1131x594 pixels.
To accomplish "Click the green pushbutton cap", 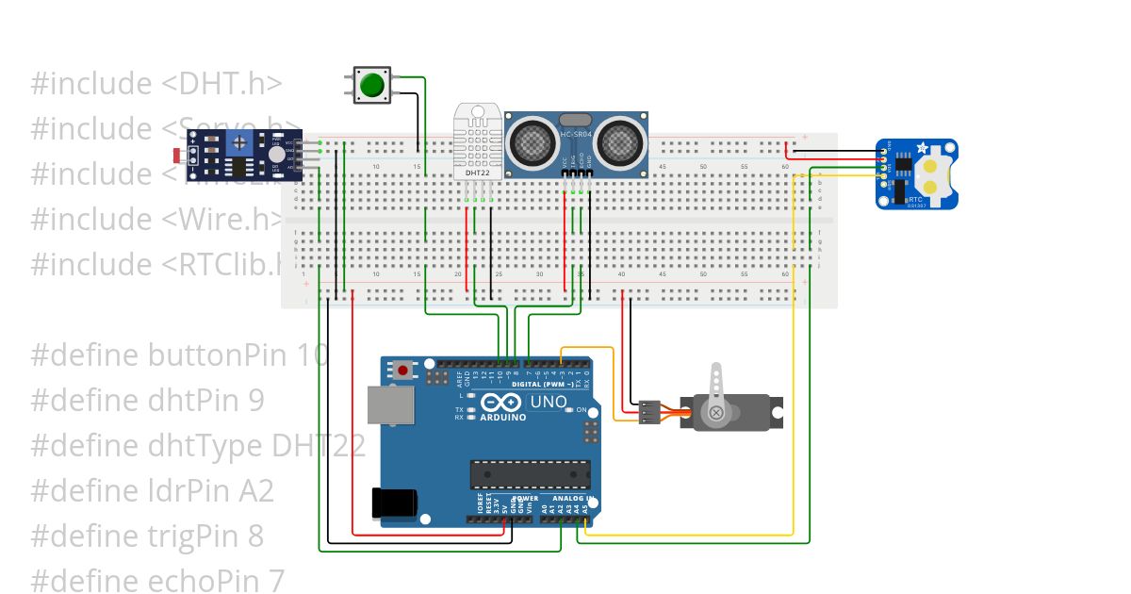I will (x=372, y=85).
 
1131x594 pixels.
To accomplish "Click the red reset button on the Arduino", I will (x=403, y=371).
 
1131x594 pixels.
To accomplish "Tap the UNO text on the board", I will (x=549, y=403).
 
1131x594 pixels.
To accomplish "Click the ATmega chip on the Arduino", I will (x=531, y=473).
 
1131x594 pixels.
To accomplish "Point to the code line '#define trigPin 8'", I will (x=147, y=536).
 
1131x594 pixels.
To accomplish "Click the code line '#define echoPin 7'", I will (x=156, y=581).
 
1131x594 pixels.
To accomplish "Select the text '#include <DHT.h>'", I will (x=156, y=84).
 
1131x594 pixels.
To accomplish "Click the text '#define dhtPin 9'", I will (x=147, y=401).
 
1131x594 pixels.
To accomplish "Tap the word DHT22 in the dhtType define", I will (x=318, y=446).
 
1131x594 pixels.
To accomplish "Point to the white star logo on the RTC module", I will (x=922, y=147).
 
